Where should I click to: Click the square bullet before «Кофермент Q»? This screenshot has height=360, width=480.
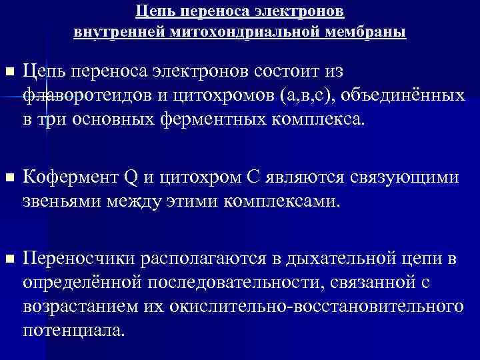pyautogui.click(x=8, y=178)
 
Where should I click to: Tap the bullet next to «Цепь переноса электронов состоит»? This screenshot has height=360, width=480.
pyautogui.click(x=8, y=70)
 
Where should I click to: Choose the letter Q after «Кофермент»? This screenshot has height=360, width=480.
pyautogui.click(x=130, y=178)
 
